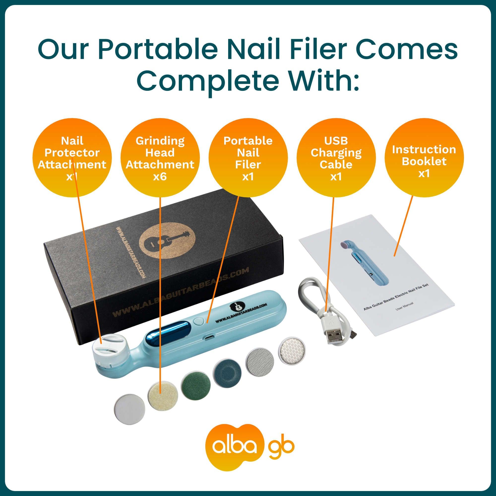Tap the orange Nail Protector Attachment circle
pyautogui.click(x=72, y=157)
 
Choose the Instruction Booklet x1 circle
pyautogui.click(x=424, y=157)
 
